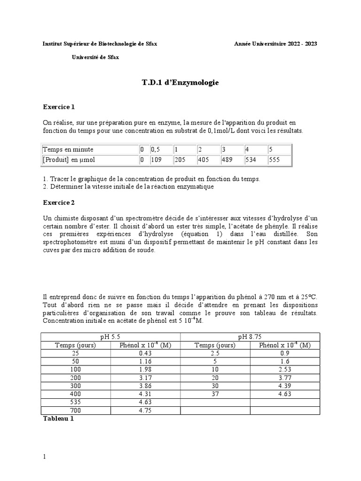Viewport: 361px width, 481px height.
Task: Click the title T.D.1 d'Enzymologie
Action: tap(180, 82)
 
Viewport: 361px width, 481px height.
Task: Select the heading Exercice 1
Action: tap(59, 107)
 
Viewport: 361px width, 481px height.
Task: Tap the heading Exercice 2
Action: tap(59, 202)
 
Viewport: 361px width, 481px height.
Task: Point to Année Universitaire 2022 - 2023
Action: tap(275, 44)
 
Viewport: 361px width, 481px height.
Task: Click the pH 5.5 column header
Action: tap(110, 336)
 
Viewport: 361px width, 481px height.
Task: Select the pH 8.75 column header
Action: tap(250, 336)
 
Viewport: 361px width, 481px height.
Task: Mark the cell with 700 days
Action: tap(76, 411)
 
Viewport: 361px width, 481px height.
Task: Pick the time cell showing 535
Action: tap(76, 402)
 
